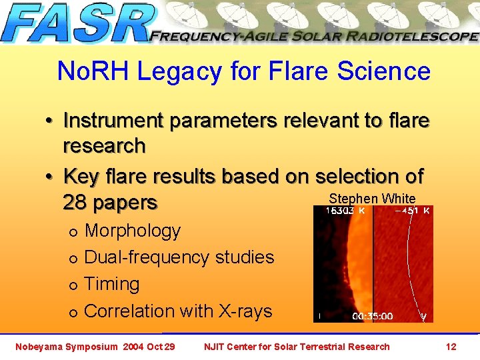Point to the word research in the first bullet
[x=104, y=145]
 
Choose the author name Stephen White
[x=372, y=199]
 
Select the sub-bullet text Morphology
[x=133, y=231]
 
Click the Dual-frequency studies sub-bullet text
[x=179, y=257]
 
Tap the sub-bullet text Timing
[x=112, y=284]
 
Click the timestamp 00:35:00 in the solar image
[x=372, y=317]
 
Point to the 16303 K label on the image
[x=345, y=211]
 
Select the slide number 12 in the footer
[x=451, y=347]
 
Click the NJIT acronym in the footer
[x=215, y=347]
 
